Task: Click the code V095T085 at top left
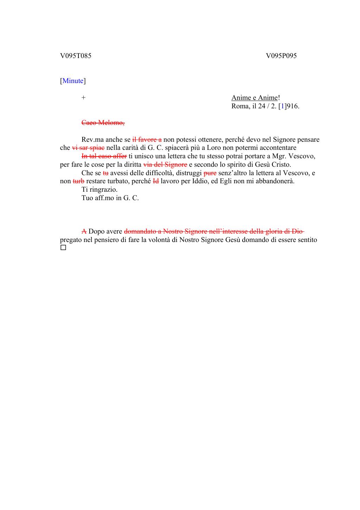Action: (76, 56)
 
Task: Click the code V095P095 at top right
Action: (281, 56)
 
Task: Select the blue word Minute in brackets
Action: (73, 81)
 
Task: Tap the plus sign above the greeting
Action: (83, 98)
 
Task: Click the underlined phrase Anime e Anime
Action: (255, 98)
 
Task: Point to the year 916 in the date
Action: (293, 106)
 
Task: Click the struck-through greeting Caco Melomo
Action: (103, 123)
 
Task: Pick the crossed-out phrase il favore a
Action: (147, 140)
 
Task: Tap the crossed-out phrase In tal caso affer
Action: (104, 156)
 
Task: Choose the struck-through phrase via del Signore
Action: (165, 165)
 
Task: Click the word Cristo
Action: (281, 165)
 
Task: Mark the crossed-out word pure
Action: (210, 173)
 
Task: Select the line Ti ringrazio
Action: (99, 190)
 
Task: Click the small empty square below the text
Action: (63, 248)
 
